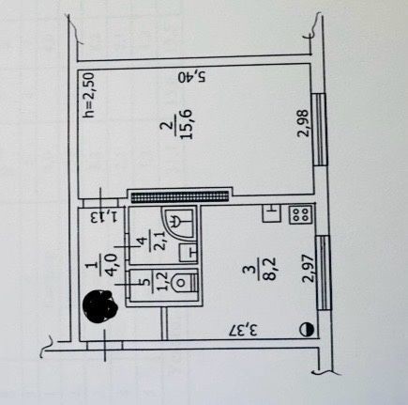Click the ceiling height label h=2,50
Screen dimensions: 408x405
tap(89, 95)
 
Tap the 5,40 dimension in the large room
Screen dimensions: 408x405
tap(192, 76)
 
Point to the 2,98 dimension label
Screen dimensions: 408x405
tap(304, 123)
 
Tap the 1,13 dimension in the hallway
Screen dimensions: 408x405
tap(104, 217)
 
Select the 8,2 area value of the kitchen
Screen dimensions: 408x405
tap(269, 268)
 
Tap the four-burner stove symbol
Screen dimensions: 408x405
tap(300, 214)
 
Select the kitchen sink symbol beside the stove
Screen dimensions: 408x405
tap(271, 213)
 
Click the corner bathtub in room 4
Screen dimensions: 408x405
tap(177, 222)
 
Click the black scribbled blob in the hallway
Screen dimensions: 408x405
tap(99, 306)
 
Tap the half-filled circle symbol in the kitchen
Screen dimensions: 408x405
tap(307, 330)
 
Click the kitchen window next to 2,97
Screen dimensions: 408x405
tap(323, 273)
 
